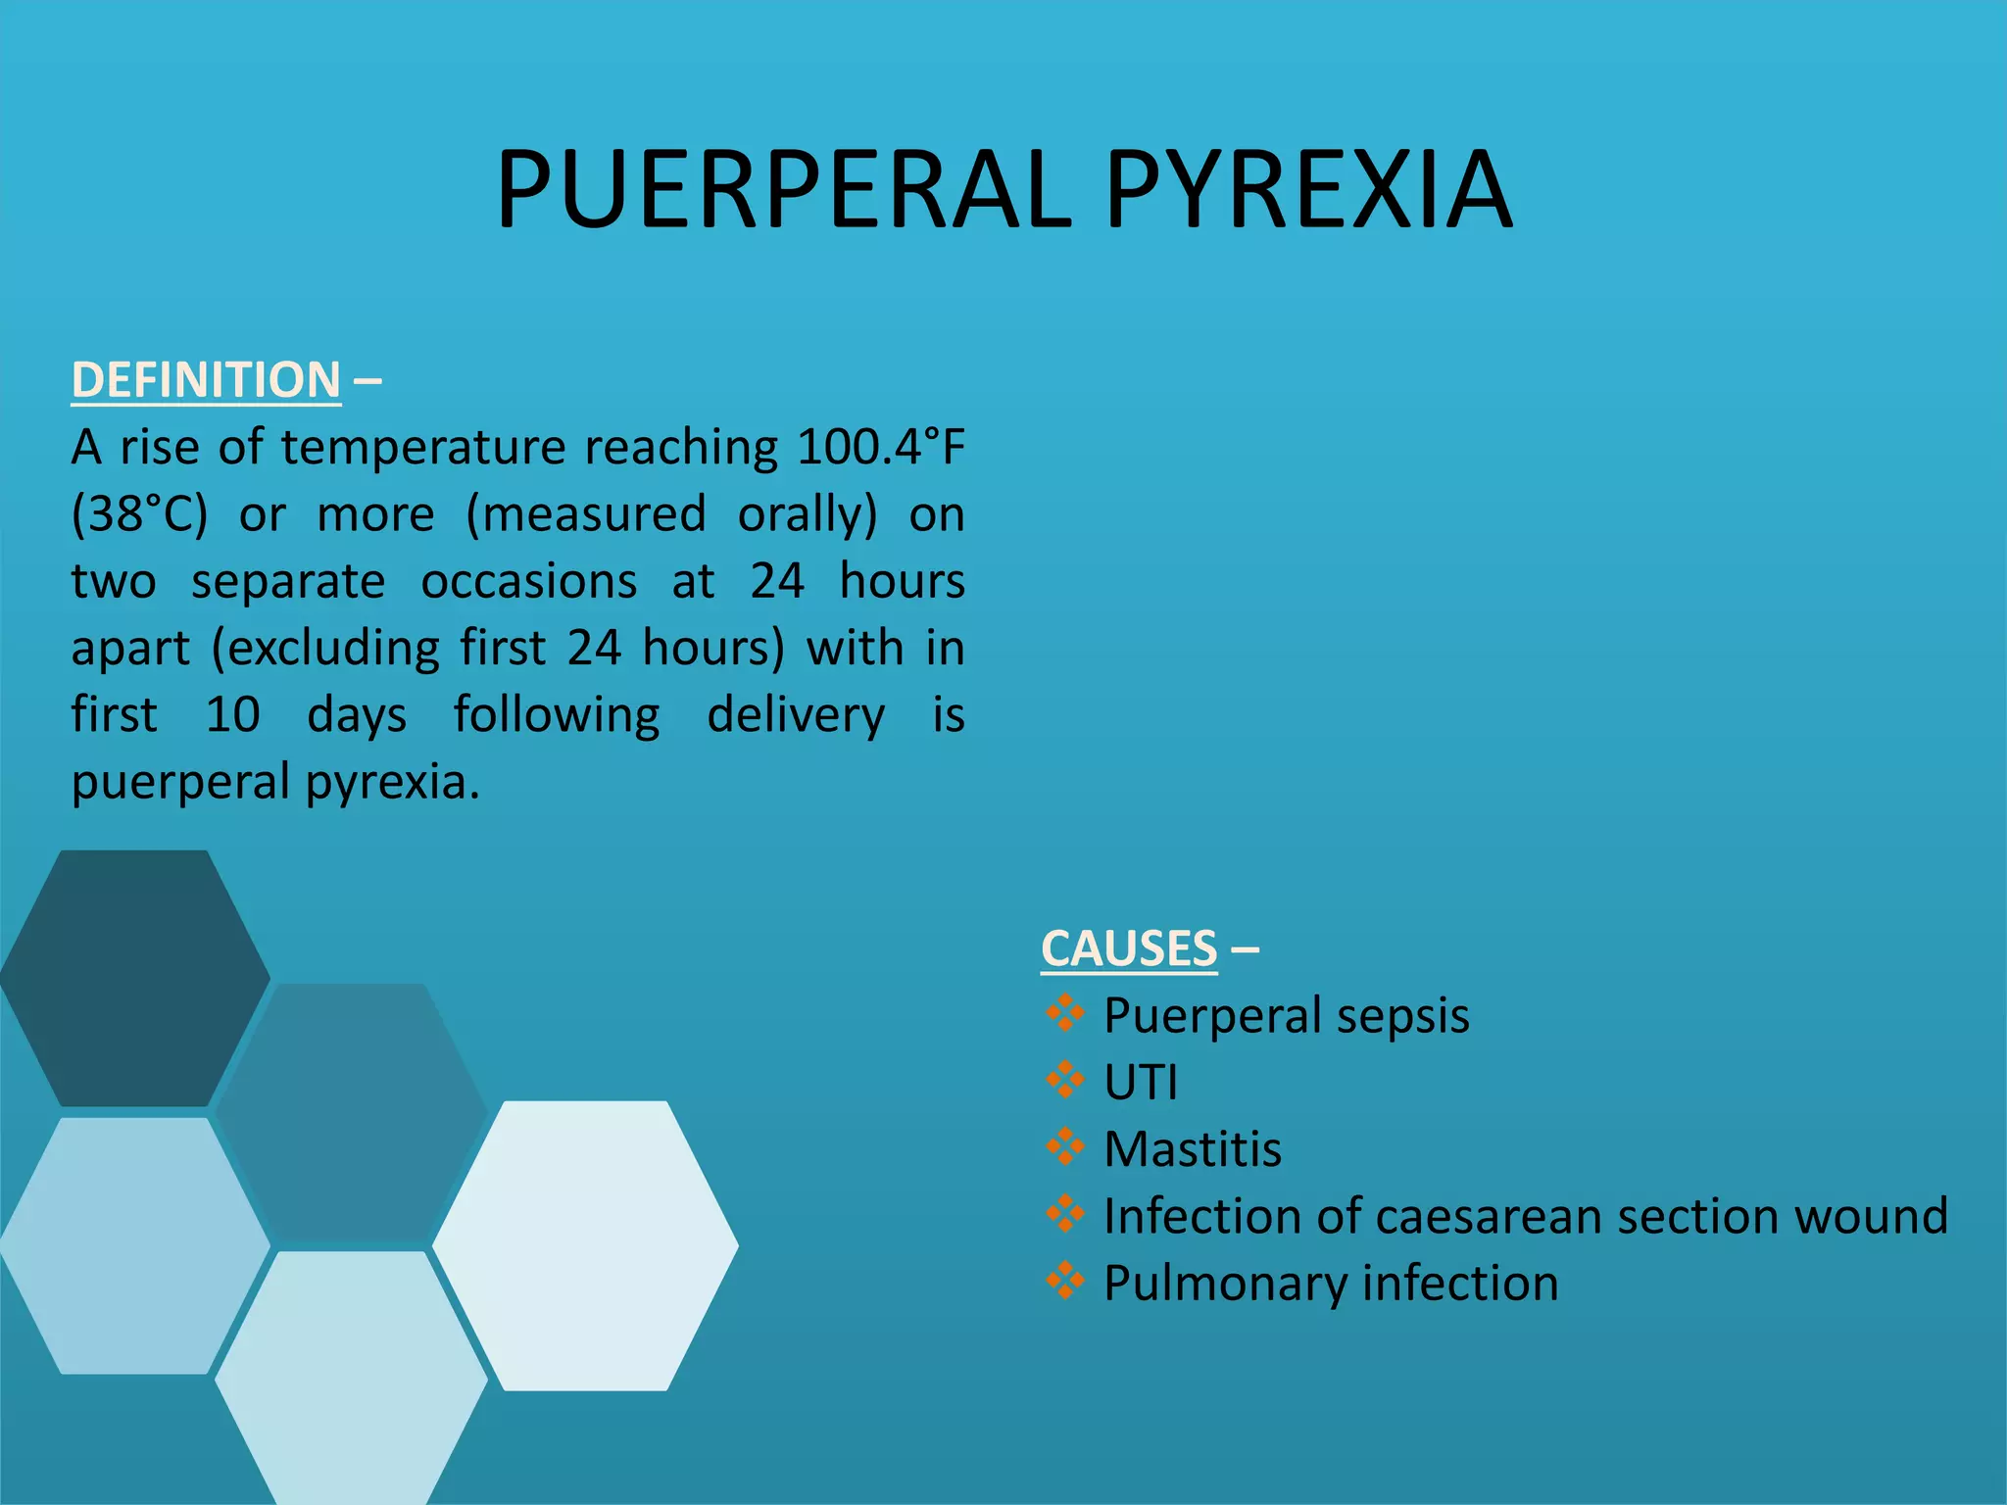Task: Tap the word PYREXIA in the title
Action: (1309, 190)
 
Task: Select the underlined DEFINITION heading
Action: (206, 380)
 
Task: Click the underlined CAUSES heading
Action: (1129, 948)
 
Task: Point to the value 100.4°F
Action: (881, 448)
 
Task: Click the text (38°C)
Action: (140, 514)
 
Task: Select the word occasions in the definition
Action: (529, 581)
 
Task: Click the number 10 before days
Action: (232, 714)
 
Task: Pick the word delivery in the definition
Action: (796, 714)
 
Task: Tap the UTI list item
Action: (1140, 1083)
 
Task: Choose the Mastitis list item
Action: (1193, 1149)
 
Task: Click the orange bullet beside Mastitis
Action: (1065, 1146)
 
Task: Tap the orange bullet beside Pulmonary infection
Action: (1065, 1280)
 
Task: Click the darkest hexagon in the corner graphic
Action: (134, 978)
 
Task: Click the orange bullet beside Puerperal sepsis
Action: (1065, 1012)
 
